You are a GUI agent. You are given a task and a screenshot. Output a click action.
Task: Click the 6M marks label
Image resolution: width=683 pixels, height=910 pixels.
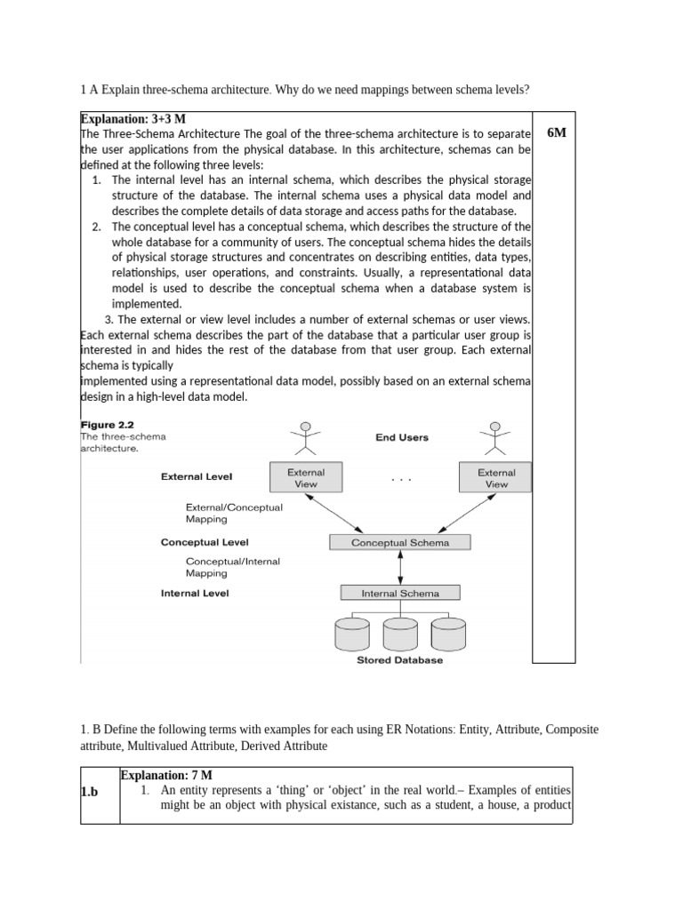click(556, 132)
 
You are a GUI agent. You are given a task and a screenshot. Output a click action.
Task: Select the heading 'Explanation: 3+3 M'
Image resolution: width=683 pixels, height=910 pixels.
click(133, 118)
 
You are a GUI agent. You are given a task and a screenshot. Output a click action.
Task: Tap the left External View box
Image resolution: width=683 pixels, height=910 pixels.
click(306, 478)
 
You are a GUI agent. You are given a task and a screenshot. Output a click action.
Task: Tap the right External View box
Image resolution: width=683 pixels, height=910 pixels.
click(495, 478)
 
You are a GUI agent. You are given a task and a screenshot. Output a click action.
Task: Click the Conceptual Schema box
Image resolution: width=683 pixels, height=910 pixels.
click(400, 542)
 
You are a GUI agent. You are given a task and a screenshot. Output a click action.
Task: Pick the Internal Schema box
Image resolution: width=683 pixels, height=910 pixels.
click(399, 593)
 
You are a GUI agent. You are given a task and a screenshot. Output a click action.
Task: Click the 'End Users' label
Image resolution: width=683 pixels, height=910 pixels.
click(401, 437)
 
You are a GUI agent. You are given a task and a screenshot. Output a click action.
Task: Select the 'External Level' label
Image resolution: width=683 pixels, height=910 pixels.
click(197, 476)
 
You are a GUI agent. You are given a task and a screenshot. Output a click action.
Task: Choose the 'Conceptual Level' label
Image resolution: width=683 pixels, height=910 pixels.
click(205, 541)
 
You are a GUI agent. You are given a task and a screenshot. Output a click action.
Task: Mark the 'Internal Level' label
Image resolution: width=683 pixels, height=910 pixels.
click(194, 593)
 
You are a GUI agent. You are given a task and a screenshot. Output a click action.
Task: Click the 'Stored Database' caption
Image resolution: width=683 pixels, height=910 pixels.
click(399, 660)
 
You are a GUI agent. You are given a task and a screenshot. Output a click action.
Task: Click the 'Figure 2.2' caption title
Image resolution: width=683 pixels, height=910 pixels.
click(107, 425)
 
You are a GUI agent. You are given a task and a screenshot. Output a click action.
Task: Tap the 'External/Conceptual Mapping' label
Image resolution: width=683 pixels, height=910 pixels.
click(233, 513)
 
